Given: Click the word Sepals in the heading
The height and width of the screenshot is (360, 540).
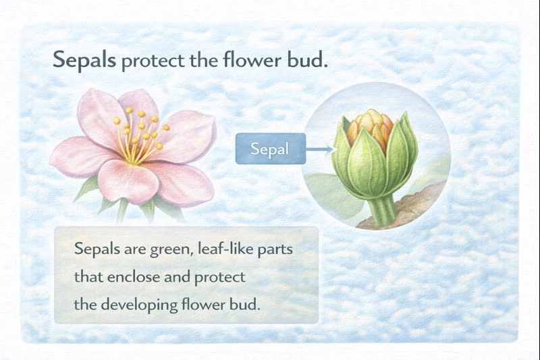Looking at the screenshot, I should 84,61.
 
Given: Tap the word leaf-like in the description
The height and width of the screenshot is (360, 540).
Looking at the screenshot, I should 227,250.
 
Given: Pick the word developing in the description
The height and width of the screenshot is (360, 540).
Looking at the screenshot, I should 138,305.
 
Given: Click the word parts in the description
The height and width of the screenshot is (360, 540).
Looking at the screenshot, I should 279,250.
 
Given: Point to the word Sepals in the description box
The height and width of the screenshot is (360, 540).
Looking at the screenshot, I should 97,250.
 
